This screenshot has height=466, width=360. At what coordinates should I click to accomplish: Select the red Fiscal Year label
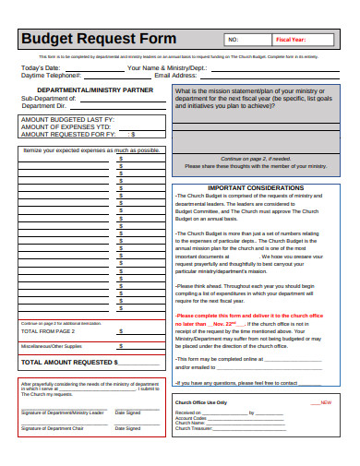[x=292, y=40]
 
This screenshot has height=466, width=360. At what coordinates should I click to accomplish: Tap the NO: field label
[x=233, y=40]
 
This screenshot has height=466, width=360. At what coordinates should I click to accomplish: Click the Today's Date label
[x=41, y=68]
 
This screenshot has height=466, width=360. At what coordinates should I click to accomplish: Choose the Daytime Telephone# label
[x=49, y=75]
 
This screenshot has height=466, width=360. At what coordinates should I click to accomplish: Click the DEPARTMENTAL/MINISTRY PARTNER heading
[x=87, y=90]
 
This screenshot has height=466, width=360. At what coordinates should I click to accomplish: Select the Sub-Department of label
[x=47, y=98]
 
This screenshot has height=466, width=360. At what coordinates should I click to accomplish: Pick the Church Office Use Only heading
[x=201, y=377]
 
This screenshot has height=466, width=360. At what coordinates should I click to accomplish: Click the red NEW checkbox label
[x=327, y=377]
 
